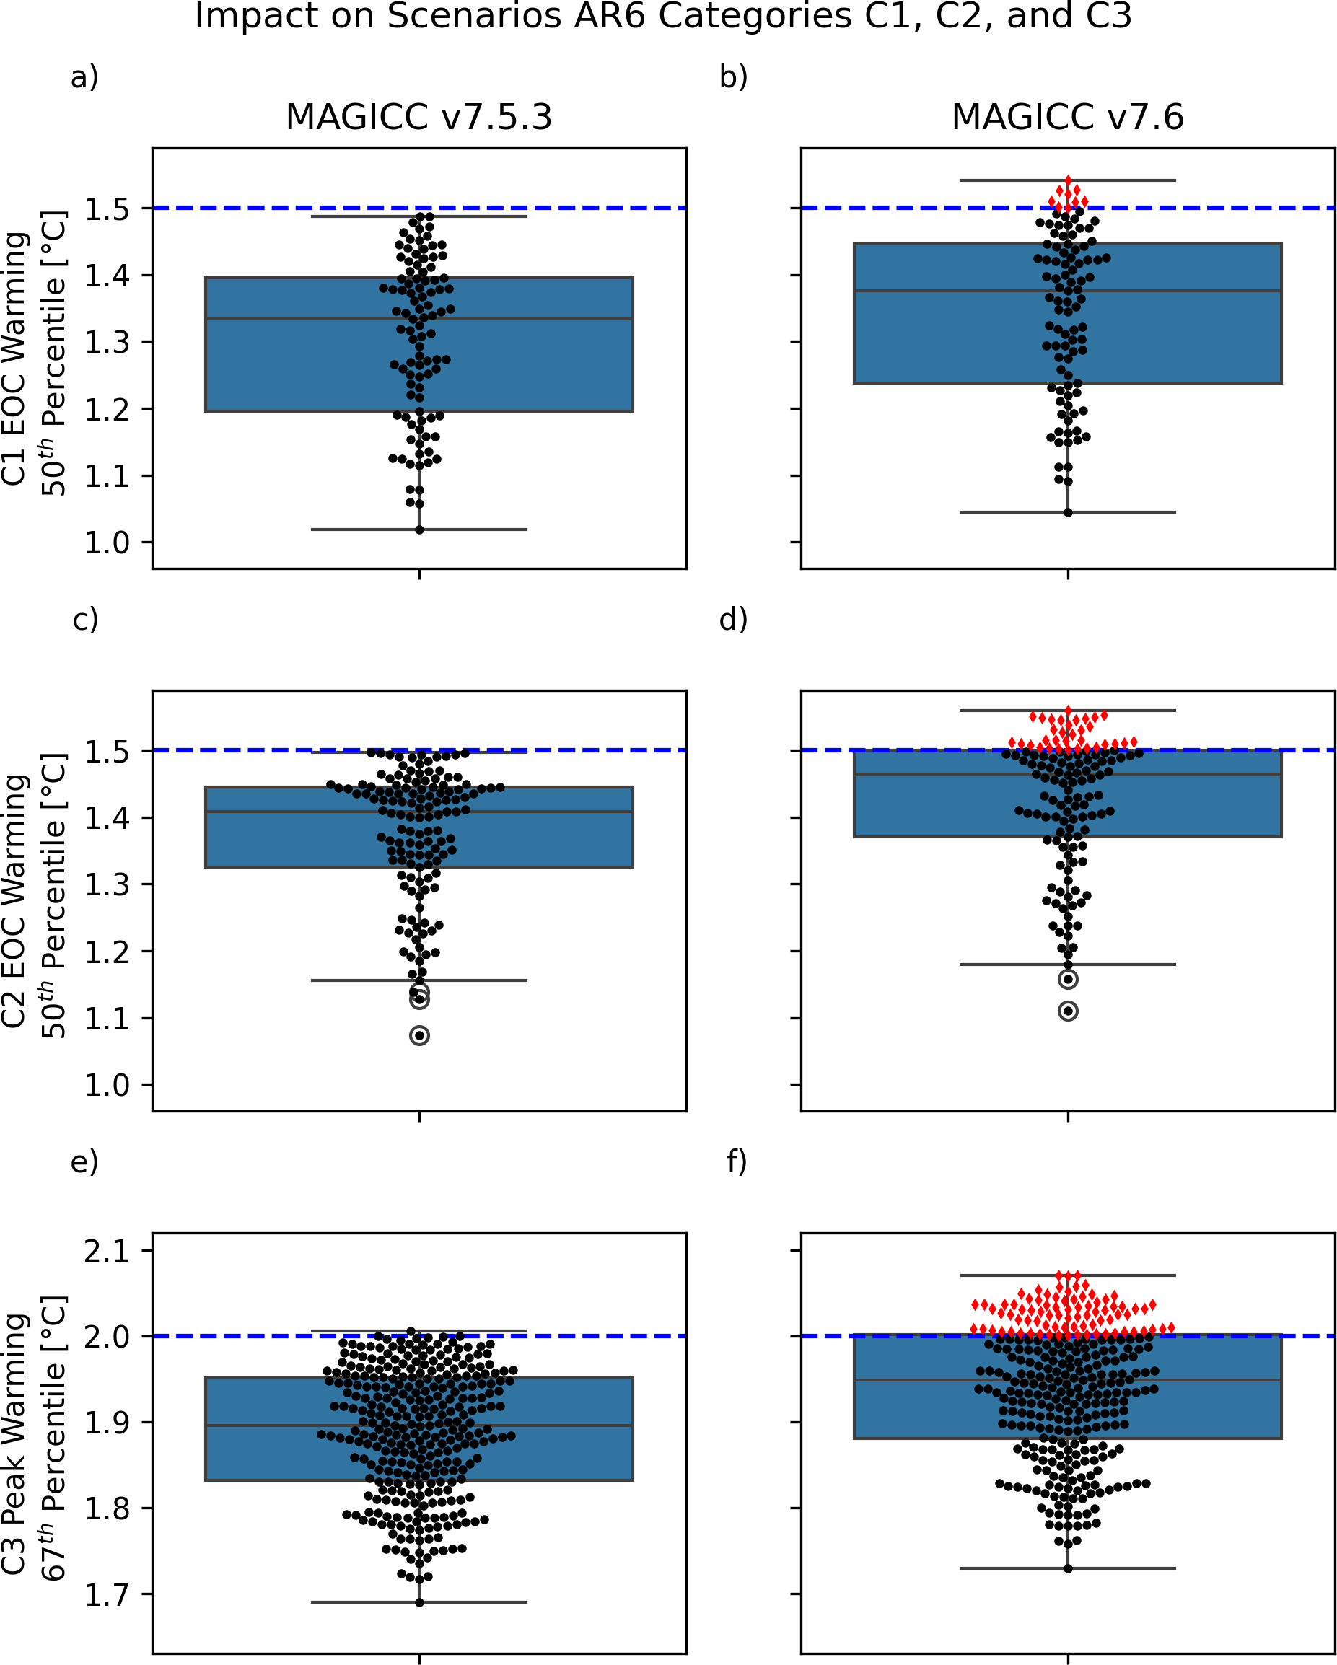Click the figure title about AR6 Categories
(662, 16)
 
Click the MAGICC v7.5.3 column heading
(418, 118)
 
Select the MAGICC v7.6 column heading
(1067, 118)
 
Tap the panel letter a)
(85, 77)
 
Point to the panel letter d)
(733, 620)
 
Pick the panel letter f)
(737, 1161)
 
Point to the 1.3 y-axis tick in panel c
(108, 884)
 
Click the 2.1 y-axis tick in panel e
(108, 1250)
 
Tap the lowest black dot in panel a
(419, 530)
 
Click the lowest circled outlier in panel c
(419, 1036)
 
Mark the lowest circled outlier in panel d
(1068, 1011)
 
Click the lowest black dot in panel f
(1068, 1568)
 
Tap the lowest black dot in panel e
(419, 1602)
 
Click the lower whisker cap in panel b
(1067, 512)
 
